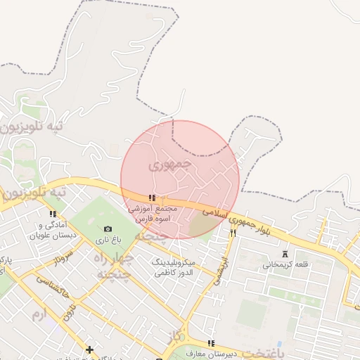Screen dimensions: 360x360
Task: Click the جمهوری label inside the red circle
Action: pyautogui.click(x=170, y=165)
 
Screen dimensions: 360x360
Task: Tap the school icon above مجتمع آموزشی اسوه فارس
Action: pyautogui.click(x=152, y=198)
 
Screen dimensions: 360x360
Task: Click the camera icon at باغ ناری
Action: pyautogui.click(x=108, y=229)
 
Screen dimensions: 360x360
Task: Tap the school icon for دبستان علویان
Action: pyautogui.click(x=53, y=214)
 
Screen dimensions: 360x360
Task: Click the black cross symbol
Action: pyautogui.click(x=89, y=349)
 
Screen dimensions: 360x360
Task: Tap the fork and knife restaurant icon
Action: pyautogui.click(x=233, y=232)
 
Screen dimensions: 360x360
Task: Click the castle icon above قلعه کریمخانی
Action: pyautogui.click(x=285, y=254)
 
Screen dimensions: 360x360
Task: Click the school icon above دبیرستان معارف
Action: pyautogui.click(x=211, y=343)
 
